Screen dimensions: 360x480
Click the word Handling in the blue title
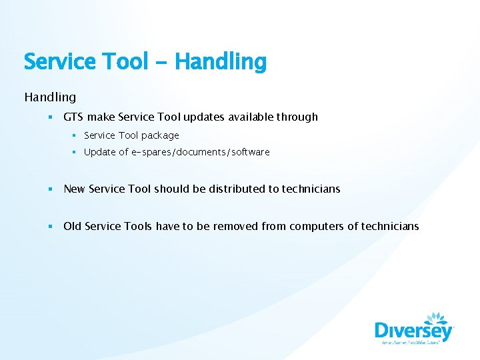pyautogui.click(x=221, y=62)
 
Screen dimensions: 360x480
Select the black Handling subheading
pyautogui.click(x=50, y=97)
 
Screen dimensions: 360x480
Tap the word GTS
pyautogui.click(x=73, y=117)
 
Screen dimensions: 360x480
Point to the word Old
pyautogui.click(x=73, y=226)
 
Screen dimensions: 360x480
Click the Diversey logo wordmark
pyautogui.click(x=413, y=331)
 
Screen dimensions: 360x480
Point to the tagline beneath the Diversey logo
pyautogui.click(x=413, y=344)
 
